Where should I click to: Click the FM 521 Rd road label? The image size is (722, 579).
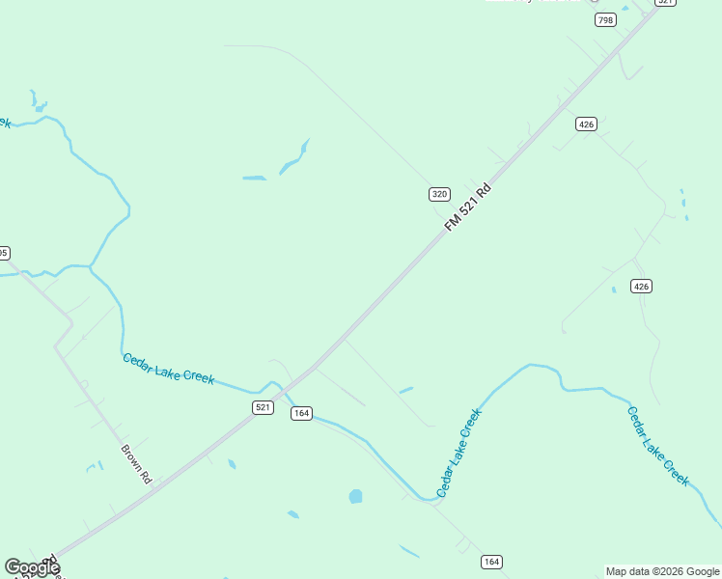pos(468,207)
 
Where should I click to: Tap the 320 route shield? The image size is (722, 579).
pos(439,194)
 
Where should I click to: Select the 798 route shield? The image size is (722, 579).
pos(605,20)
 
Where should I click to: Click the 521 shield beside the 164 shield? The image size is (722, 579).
pos(263,407)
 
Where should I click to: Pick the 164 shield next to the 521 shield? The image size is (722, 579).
pos(301,413)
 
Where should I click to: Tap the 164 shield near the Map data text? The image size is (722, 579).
pos(491,562)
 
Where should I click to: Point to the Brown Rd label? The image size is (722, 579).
pos(137,463)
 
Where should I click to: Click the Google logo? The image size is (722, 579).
pos(32,567)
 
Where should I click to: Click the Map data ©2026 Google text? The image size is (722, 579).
pos(662,571)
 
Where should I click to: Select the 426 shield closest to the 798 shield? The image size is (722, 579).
pos(586,124)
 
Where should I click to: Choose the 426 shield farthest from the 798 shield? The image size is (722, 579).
pos(642,286)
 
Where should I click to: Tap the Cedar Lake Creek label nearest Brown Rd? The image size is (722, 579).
pos(168,369)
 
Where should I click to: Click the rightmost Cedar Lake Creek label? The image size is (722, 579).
pos(658,445)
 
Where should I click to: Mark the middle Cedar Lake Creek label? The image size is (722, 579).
pos(459,454)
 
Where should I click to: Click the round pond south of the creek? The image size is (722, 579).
pos(355,497)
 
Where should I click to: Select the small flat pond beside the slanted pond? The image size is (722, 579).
pos(255,179)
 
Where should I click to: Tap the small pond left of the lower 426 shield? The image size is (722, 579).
pos(613,289)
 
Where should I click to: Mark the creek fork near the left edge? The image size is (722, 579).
pos(90,265)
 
